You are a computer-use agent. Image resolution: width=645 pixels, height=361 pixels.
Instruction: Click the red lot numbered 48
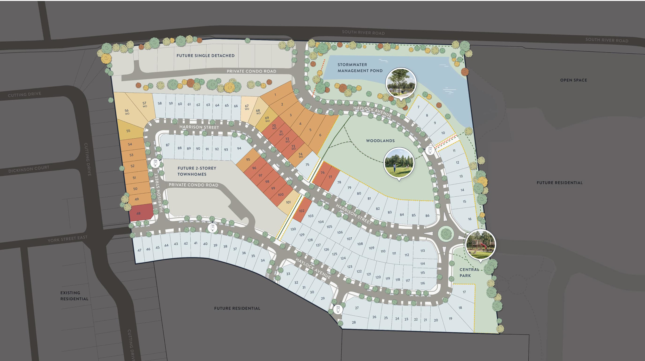pos(139,213)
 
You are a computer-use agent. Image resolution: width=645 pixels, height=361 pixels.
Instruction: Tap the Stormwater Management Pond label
pos(360,68)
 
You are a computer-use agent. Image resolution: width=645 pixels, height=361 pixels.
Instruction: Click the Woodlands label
pos(380,141)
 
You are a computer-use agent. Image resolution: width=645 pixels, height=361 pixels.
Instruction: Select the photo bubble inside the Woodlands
pos(399,163)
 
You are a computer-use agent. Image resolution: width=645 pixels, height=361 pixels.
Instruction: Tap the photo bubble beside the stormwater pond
pos(401,83)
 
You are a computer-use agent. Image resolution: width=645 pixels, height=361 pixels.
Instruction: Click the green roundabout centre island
pos(446,234)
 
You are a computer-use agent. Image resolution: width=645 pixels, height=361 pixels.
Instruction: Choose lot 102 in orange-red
pos(302,211)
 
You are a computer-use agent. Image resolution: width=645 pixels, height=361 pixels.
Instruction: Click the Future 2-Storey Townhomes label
pos(197,171)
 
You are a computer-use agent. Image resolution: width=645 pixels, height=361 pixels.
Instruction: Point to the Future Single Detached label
pos(205,55)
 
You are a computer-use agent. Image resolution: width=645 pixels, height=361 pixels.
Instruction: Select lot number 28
pos(354,322)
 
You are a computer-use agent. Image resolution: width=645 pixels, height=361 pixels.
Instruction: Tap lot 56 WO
pos(127,111)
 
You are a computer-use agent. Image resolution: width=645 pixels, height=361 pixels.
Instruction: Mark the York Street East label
pos(67,239)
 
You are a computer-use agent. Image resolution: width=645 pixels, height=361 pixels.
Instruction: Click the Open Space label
pos(573,80)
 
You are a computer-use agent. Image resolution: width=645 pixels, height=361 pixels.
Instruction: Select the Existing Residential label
pos(74,296)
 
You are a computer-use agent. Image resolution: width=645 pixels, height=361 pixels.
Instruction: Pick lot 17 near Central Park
pos(464,292)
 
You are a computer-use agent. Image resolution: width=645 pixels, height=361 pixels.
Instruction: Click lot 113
pos(422,251)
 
